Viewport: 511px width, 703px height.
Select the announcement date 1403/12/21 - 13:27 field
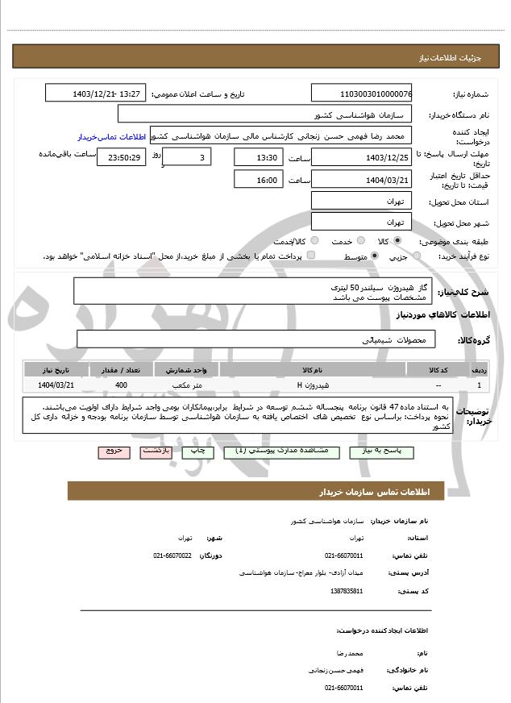click(95, 94)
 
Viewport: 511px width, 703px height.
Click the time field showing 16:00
click(258, 180)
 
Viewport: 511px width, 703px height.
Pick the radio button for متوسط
click(374, 256)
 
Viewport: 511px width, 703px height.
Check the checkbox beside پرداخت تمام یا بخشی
click(311, 256)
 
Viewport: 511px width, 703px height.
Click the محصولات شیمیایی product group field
click(255, 339)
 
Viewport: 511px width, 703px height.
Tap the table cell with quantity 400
click(121, 385)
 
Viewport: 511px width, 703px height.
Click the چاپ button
click(195, 451)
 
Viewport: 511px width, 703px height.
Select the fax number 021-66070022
click(172, 555)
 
